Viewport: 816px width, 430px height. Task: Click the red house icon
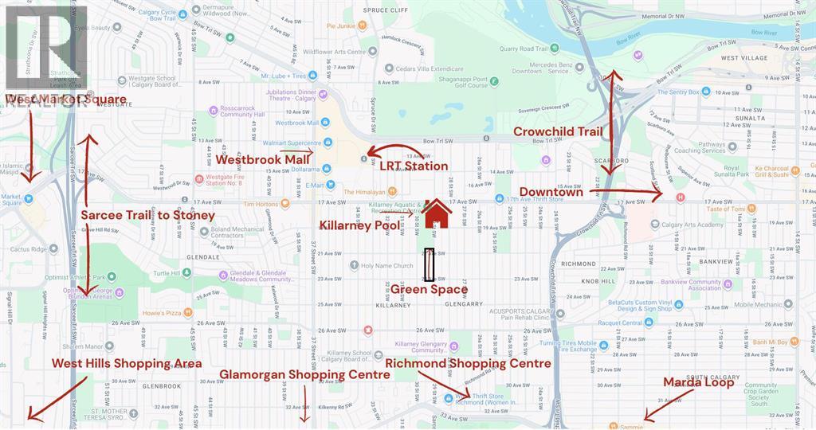click(x=437, y=213)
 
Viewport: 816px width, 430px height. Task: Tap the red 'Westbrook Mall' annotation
click(x=262, y=158)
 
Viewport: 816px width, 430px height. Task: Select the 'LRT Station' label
click(x=413, y=166)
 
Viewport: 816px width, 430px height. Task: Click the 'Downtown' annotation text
click(x=551, y=192)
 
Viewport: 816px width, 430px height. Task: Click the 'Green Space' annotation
click(x=429, y=289)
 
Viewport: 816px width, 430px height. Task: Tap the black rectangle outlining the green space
click(x=430, y=264)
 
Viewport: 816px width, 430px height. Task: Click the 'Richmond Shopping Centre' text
click(x=468, y=363)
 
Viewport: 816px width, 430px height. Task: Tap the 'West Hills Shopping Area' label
click(x=127, y=363)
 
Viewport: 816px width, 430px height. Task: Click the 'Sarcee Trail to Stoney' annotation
click(x=148, y=215)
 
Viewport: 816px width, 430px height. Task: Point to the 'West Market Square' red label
click(x=65, y=100)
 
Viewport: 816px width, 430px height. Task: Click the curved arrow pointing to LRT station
click(x=394, y=150)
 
